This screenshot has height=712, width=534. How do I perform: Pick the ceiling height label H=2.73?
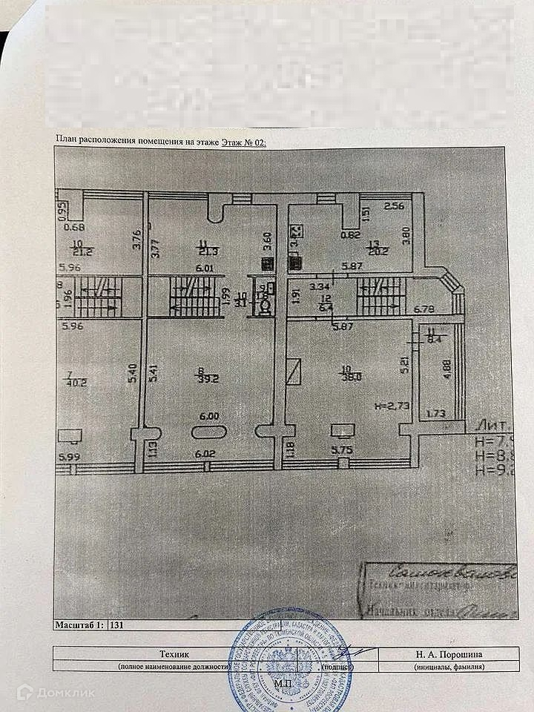tap(392, 406)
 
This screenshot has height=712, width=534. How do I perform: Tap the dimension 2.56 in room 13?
tap(394, 206)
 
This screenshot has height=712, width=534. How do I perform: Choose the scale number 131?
tap(116, 624)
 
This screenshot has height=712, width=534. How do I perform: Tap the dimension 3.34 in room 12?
tap(318, 286)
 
